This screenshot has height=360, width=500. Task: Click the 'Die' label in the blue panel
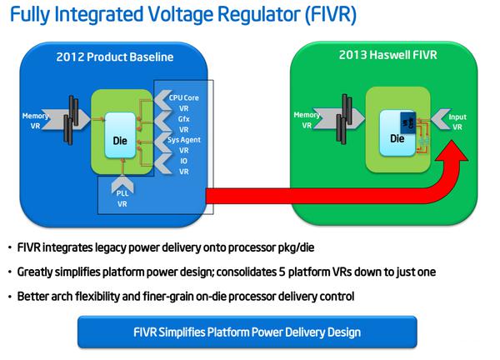point(119,142)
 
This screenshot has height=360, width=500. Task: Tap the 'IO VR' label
point(182,166)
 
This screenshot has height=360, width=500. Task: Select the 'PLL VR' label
point(122,198)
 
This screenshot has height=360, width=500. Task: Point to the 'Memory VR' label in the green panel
point(307,120)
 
